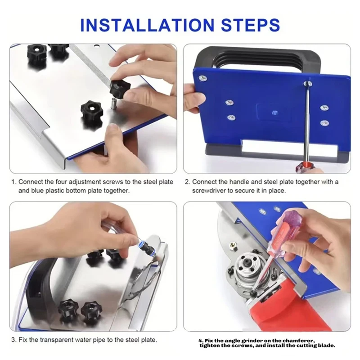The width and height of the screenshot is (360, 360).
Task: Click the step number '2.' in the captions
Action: click(x=188, y=182)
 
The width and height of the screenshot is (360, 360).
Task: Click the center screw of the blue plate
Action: click(x=275, y=113)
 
